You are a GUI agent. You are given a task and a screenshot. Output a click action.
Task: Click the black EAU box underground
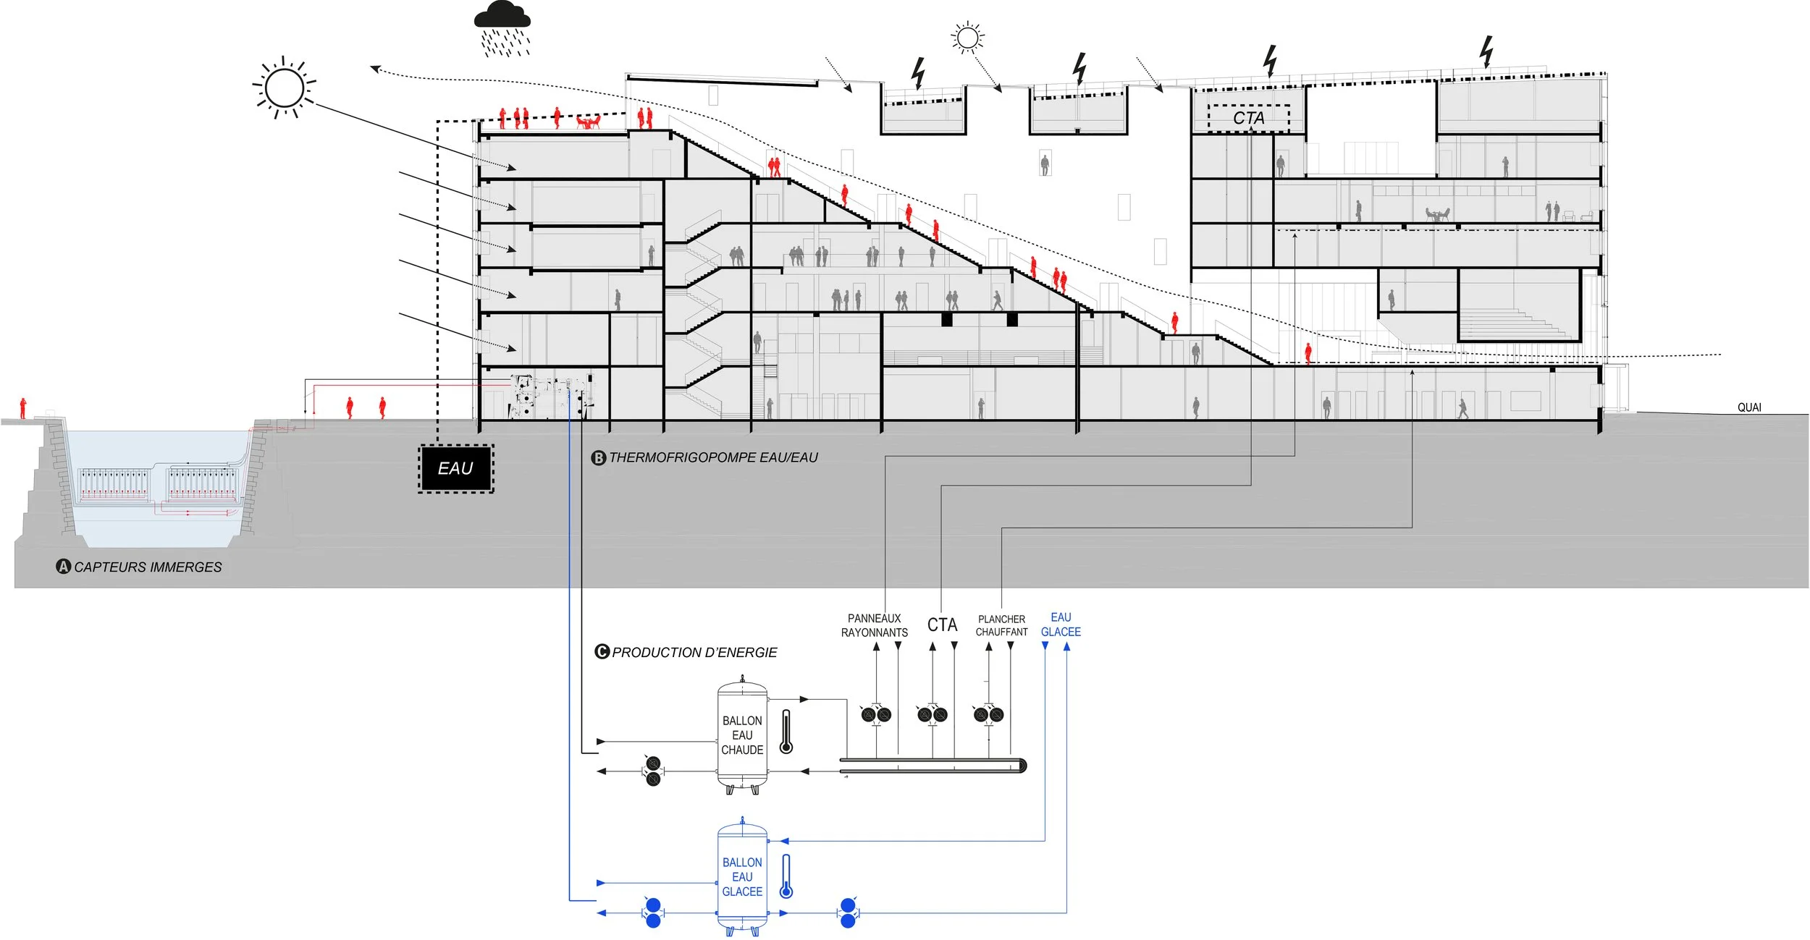click(x=455, y=469)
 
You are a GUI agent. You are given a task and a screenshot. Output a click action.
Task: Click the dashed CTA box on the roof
click(x=1248, y=118)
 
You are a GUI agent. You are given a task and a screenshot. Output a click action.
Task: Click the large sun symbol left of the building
click(x=285, y=88)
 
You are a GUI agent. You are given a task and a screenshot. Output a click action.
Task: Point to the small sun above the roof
click(x=968, y=37)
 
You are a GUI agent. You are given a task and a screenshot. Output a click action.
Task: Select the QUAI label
click(x=1749, y=407)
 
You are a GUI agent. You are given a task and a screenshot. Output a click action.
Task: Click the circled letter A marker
click(x=64, y=567)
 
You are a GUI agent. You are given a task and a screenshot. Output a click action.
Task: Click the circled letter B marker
click(x=599, y=458)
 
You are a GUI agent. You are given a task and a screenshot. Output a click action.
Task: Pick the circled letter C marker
click(x=602, y=652)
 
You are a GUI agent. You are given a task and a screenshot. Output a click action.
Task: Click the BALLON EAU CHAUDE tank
click(x=742, y=735)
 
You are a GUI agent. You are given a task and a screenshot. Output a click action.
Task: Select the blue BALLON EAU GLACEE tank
click(x=742, y=876)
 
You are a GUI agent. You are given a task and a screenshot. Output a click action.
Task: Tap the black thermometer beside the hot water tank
click(x=786, y=732)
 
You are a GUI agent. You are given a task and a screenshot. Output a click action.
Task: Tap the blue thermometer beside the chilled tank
click(x=786, y=876)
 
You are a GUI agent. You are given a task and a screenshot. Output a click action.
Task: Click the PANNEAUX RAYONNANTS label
click(x=874, y=625)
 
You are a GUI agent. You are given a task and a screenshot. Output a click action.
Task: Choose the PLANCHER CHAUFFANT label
click(x=1001, y=625)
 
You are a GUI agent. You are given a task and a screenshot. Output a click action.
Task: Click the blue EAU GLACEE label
click(x=1061, y=624)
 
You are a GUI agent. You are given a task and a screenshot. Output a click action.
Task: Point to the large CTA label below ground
click(x=942, y=624)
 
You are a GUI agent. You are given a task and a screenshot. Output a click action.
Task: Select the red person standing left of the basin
click(x=23, y=408)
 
